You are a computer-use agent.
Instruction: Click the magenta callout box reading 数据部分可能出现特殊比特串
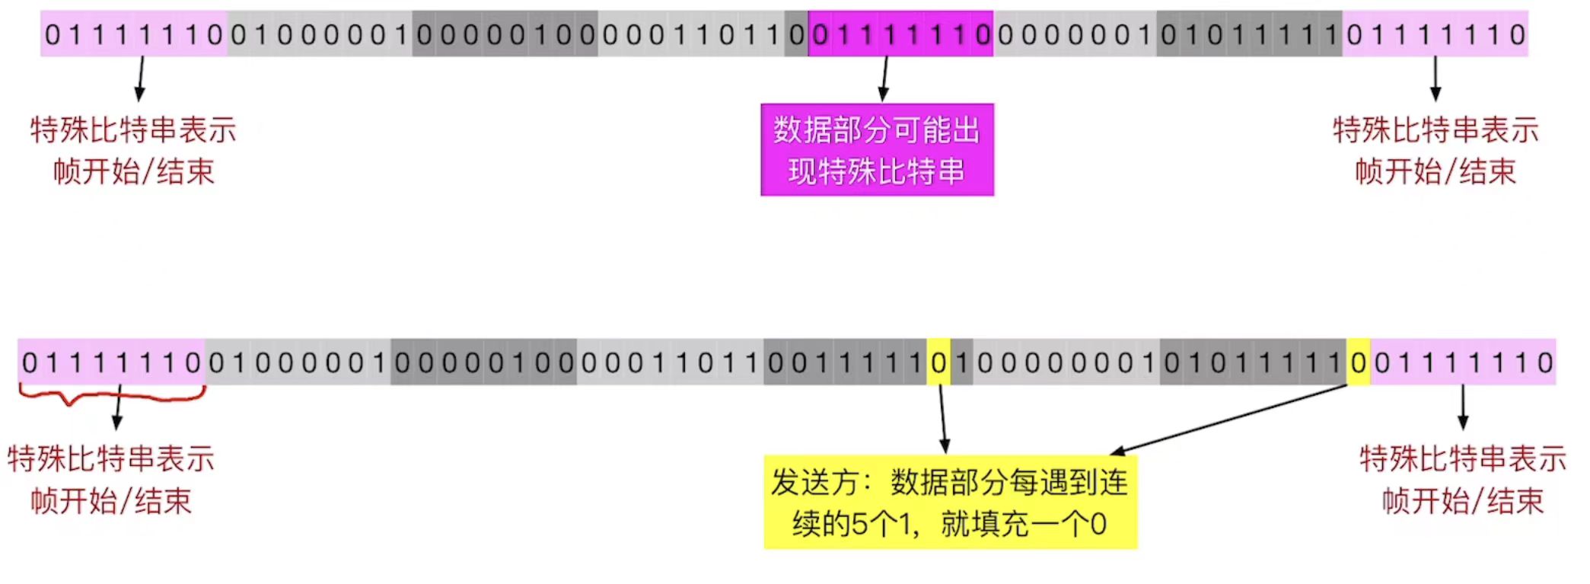(x=877, y=150)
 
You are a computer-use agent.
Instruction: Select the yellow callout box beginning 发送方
(x=950, y=503)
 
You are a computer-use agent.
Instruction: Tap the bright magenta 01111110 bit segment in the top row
(x=900, y=34)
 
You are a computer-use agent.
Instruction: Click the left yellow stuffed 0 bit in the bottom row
(x=938, y=362)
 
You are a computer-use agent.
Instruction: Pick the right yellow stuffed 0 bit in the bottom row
(x=1358, y=362)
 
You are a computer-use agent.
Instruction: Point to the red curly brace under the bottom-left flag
(x=111, y=394)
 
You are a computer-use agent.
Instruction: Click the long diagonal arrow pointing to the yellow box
(x=1229, y=420)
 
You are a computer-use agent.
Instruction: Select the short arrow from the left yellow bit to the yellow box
(x=943, y=419)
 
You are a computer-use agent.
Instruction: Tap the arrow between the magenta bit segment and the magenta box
(x=884, y=79)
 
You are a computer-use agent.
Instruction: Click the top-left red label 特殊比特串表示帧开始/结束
(x=133, y=151)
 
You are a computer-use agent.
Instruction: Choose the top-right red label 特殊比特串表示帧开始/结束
(x=1435, y=151)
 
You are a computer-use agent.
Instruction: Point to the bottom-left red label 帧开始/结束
(x=111, y=501)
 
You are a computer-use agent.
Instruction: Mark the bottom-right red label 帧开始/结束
(x=1462, y=501)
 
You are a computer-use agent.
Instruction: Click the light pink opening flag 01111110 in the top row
(x=133, y=34)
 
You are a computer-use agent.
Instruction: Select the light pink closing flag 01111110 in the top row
(x=1435, y=34)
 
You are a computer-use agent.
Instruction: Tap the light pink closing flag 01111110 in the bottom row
(x=1463, y=362)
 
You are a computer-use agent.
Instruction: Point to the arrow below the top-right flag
(x=1435, y=79)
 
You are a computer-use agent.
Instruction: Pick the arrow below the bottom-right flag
(x=1462, y=408)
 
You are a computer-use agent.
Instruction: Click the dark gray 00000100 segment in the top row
(x=505, y=34)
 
